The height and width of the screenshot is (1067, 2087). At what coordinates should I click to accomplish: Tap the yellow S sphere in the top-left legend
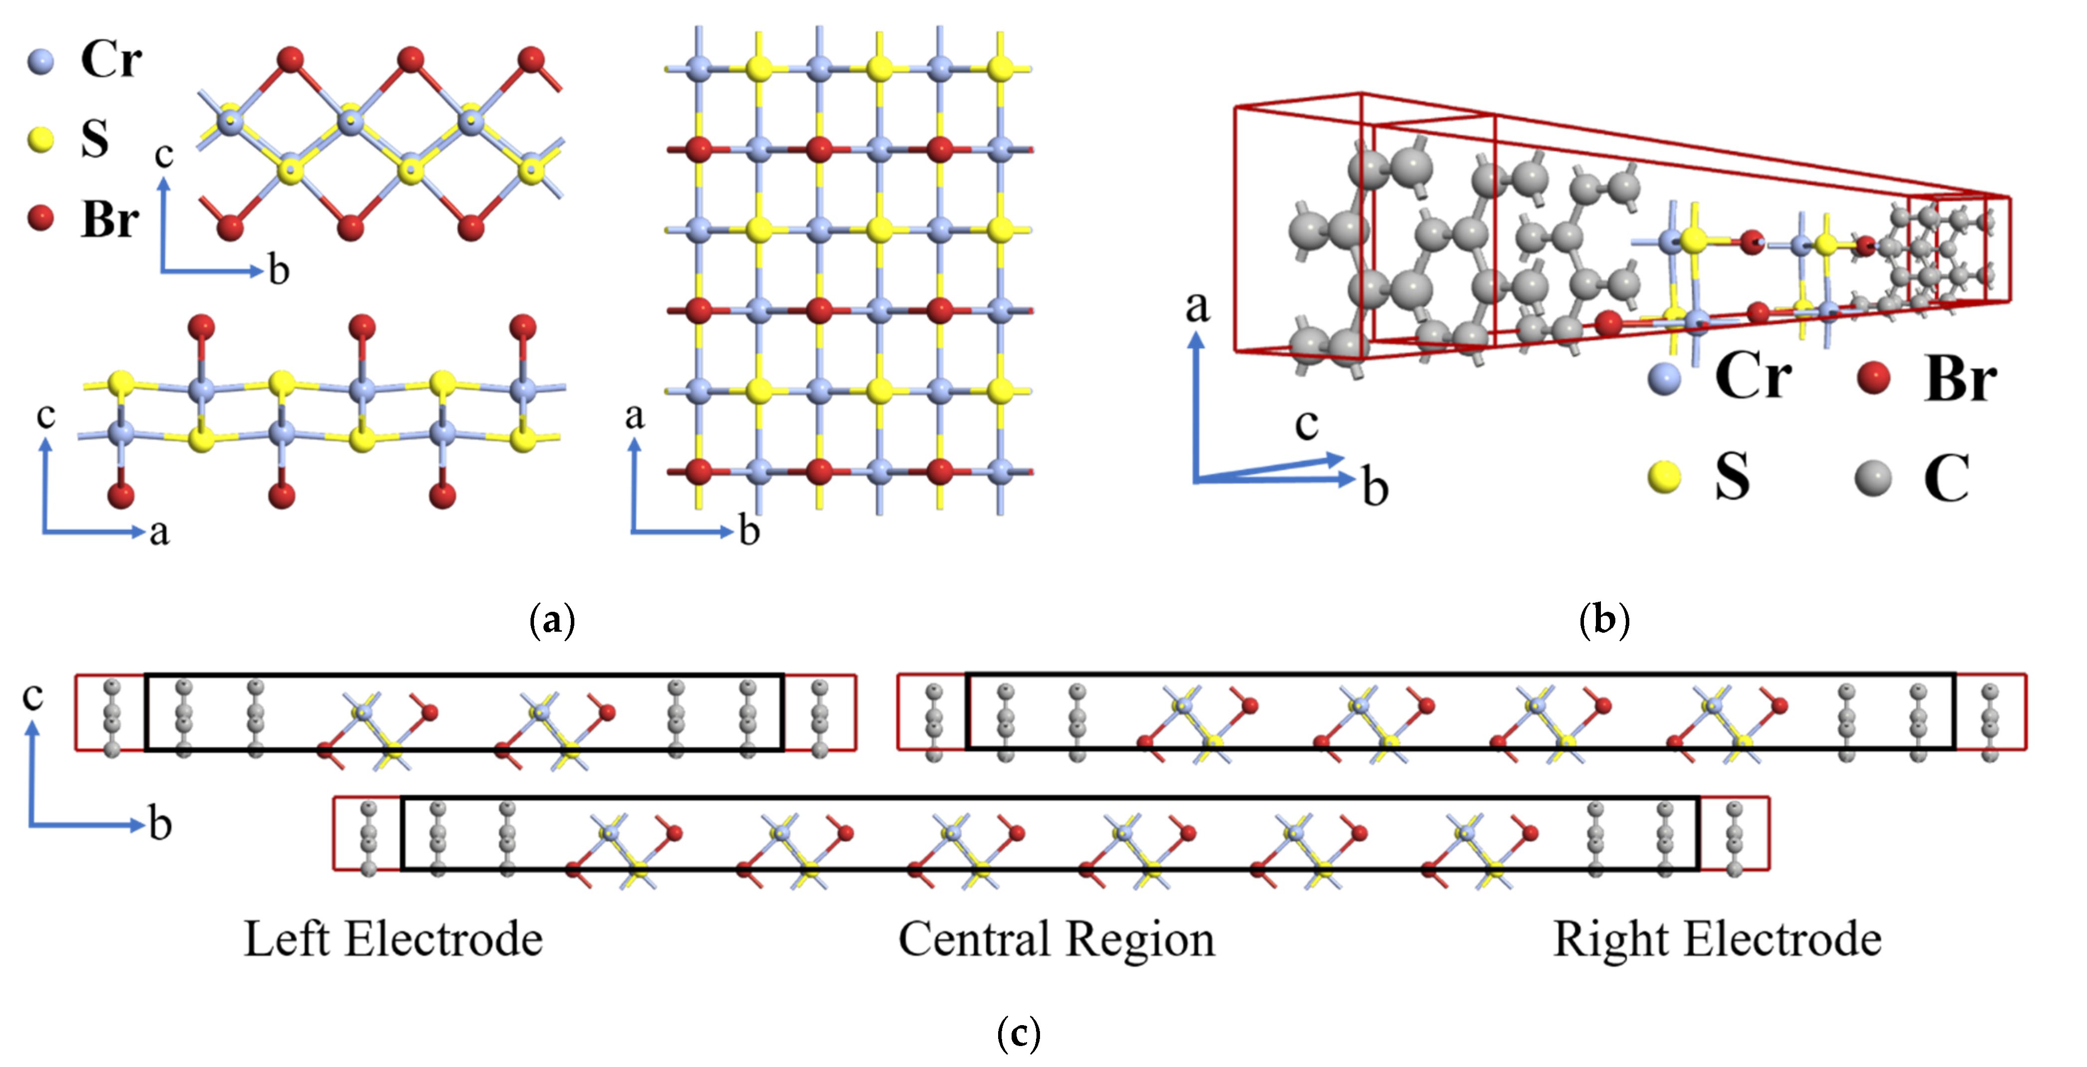point(40,139)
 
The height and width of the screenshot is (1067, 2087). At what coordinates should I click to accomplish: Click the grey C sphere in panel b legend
point(1872,478)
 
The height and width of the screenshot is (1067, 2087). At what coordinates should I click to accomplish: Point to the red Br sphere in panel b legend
point(1872,377)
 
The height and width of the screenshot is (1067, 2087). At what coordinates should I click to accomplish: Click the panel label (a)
point(552,621)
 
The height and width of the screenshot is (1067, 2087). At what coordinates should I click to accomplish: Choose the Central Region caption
point(1056,940)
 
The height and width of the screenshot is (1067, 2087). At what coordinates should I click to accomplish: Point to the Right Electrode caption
point(1717,940)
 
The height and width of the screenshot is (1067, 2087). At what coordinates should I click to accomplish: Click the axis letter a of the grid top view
point(634,416)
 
